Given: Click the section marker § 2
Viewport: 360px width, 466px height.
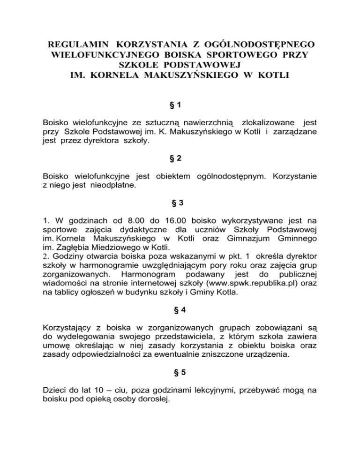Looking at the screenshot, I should point(180,158).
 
